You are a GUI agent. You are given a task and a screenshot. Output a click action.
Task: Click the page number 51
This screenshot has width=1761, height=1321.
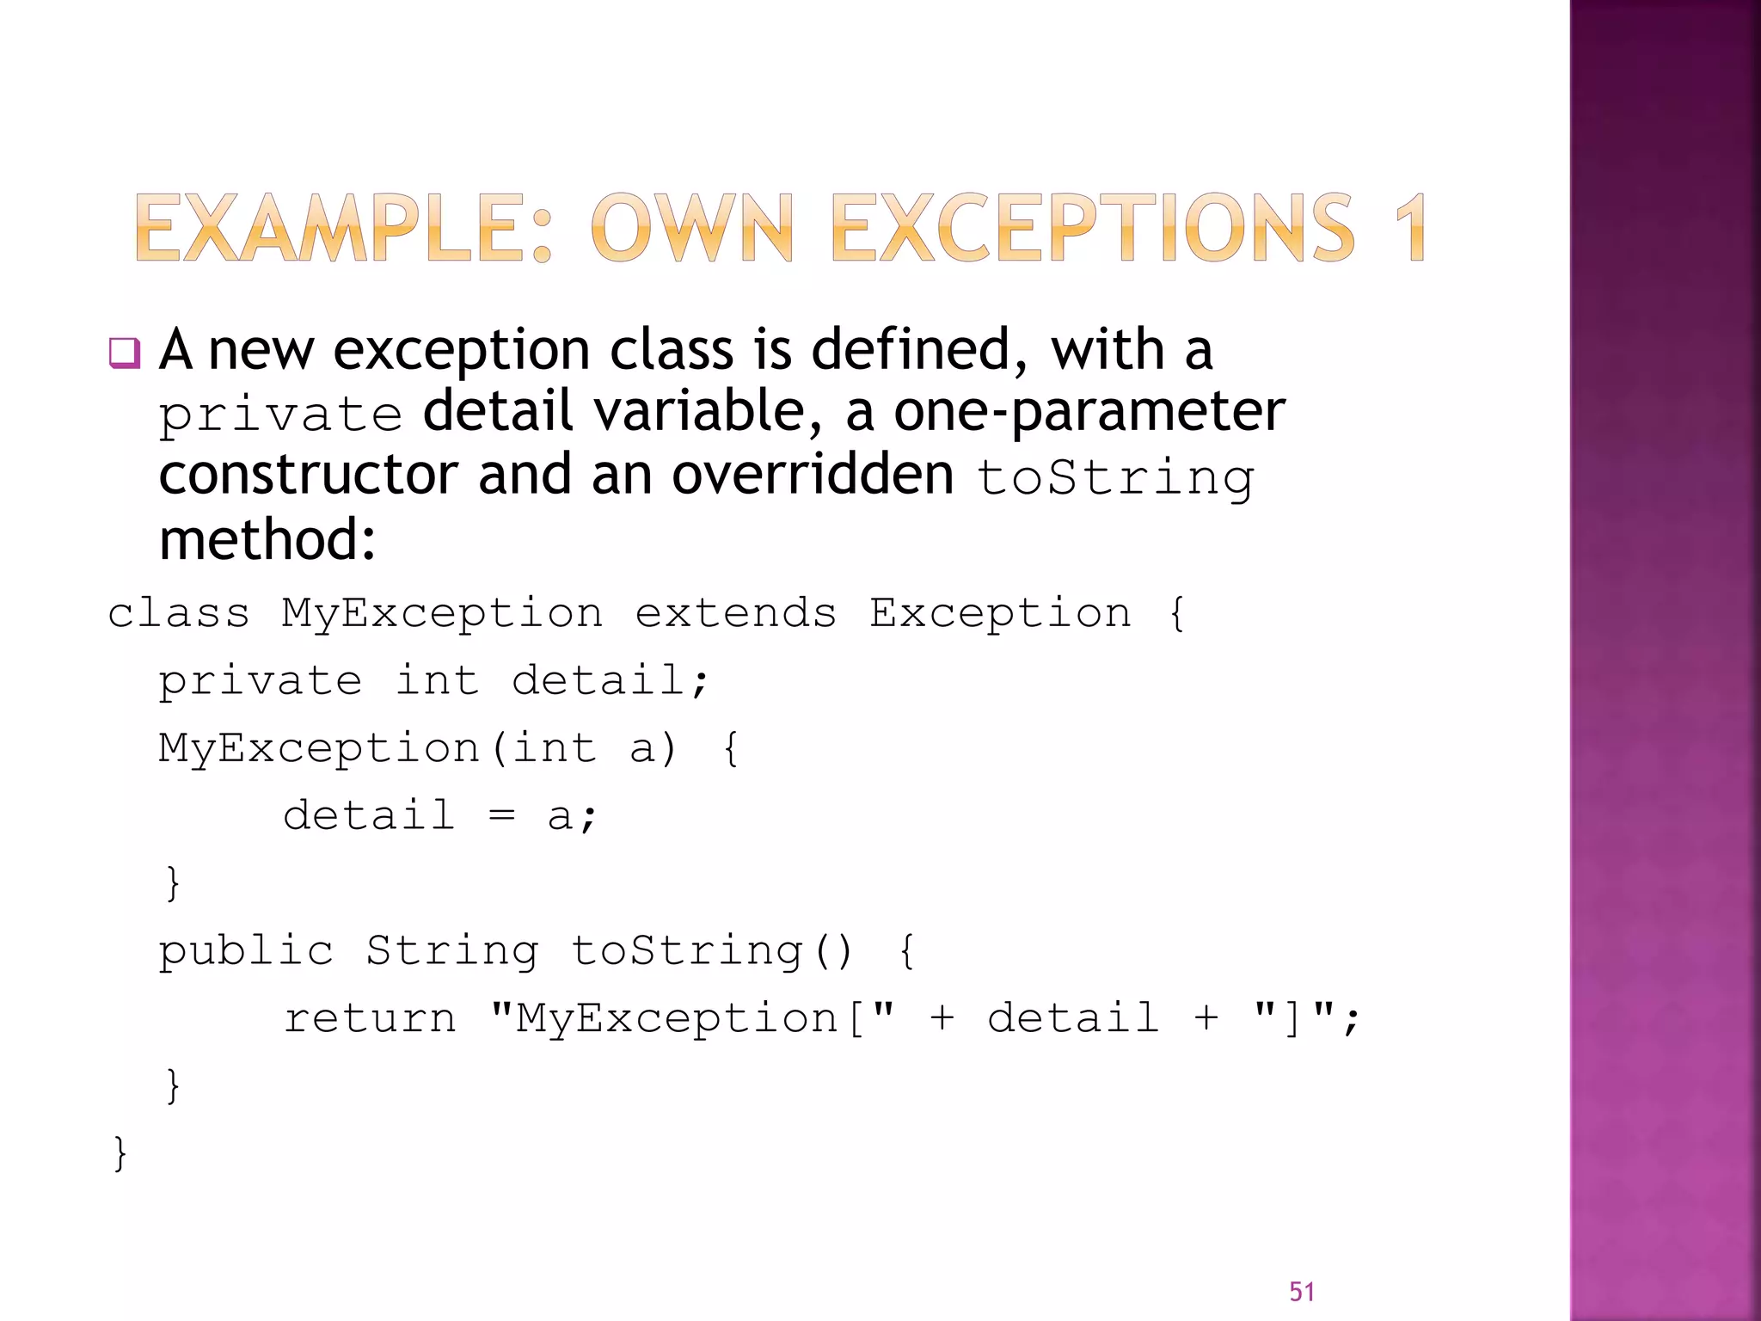tap(1302, 1292)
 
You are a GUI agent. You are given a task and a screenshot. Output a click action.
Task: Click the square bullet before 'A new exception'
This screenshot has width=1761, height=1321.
tap(125, 353)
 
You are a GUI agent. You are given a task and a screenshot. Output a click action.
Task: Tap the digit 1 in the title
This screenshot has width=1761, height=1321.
tap(1409, 228)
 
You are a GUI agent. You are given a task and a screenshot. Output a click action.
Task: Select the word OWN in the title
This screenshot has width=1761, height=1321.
tap(691, 228)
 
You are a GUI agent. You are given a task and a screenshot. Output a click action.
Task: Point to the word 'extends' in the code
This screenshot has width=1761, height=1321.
tap(736, 613)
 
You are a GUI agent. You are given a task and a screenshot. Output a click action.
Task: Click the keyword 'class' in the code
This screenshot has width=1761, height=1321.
tap(179, 613)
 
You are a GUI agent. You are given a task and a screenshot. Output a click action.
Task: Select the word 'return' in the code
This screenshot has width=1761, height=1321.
tap(370, 1018)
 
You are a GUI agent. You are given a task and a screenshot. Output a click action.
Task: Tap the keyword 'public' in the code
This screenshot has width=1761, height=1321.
tap(246, 951)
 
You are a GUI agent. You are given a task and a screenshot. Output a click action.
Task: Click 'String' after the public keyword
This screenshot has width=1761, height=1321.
tap(452, 951)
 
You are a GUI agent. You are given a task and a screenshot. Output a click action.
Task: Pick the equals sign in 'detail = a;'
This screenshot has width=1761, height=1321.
tap(501, 815)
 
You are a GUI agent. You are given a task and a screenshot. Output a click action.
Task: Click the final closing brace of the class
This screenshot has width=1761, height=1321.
tap(120, 1153)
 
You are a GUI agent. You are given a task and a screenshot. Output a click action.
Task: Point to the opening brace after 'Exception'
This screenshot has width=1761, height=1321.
tap(1177, 613)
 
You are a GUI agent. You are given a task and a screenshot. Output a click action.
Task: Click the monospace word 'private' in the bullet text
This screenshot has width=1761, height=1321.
tap(280, 415)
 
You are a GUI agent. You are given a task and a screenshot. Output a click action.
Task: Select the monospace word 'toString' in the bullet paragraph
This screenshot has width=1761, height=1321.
tap(1115, 478)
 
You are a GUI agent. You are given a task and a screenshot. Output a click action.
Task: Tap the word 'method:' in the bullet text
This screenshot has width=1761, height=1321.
tap(267, 540)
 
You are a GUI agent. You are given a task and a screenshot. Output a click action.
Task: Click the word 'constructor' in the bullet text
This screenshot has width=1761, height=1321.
tap(308, 475)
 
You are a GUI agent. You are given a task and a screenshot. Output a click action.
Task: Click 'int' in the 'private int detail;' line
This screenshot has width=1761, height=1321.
tap(437, 681)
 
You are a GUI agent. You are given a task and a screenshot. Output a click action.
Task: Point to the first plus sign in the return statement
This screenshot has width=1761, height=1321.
tap(942, 1018)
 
